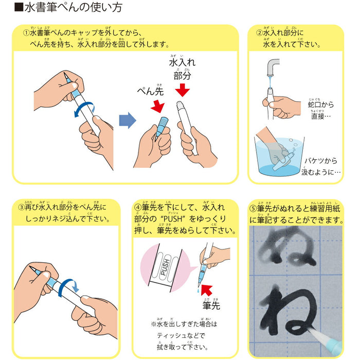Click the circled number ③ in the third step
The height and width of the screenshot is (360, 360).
[x=21, y=208]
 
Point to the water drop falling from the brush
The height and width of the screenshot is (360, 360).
[x=197, y=291]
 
